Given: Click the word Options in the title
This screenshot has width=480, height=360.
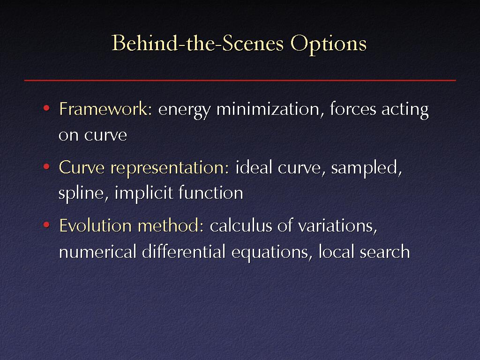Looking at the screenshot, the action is tap(329, 44).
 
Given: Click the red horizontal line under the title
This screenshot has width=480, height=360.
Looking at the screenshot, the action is tap(240, 80).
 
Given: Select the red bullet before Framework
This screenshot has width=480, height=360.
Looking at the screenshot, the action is tap(46, 108).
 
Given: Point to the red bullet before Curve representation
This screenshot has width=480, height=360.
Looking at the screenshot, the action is tap(46, 167).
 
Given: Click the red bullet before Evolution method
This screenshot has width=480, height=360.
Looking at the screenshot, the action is tap(46, 225).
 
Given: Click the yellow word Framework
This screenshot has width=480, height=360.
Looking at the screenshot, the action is tap(104, 109).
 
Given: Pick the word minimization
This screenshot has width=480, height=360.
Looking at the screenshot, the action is tap(268, 109).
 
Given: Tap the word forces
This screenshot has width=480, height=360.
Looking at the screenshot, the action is tap(353, 109).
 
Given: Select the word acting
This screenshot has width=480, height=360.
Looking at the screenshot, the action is tap(405, 111).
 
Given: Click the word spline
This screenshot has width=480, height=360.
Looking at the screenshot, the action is tap(81, 194).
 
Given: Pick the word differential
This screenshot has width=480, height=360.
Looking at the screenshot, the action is tap(184, 252).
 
